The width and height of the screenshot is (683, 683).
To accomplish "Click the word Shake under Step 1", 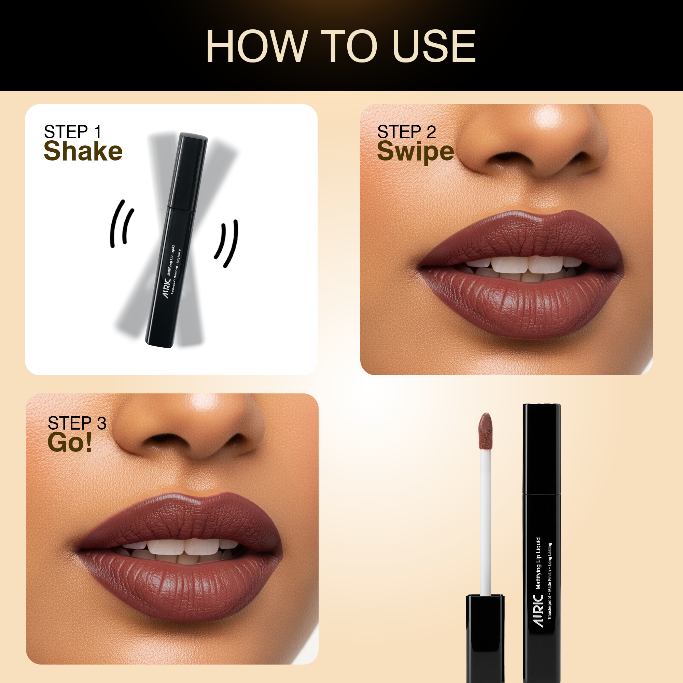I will click(x=83, y=151).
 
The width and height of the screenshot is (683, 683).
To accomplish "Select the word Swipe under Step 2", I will click(x=415, y=151).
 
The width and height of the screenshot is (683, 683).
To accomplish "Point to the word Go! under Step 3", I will click(x=70, y=442).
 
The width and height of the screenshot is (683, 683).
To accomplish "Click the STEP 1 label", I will click(x=73, y=132).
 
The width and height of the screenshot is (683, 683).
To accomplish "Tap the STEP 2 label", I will click(x=406, y=132).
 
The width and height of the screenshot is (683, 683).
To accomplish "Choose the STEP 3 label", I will click(x=77, y=423).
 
